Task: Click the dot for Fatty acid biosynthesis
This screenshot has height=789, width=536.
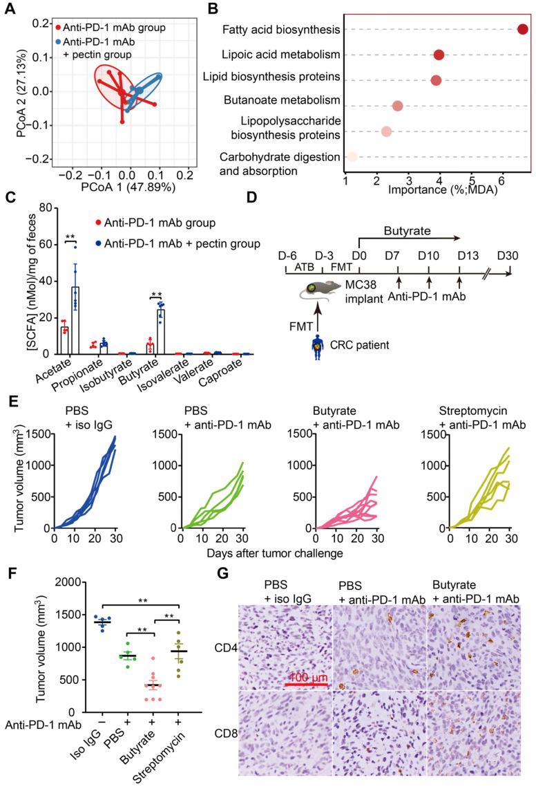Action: click(522, 29)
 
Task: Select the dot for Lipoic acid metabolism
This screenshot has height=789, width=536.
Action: click(439, 55)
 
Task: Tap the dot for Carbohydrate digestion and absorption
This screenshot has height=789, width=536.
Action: click(352, 157)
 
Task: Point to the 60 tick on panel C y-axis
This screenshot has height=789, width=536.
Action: click(28, 244)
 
